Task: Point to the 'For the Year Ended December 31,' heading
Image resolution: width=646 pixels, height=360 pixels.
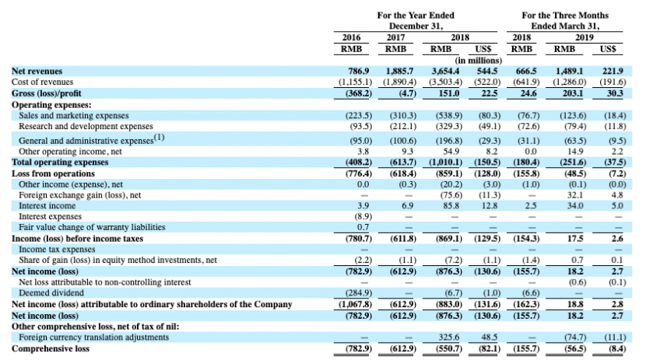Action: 415,20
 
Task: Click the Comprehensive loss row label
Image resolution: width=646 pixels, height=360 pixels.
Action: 44,348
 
